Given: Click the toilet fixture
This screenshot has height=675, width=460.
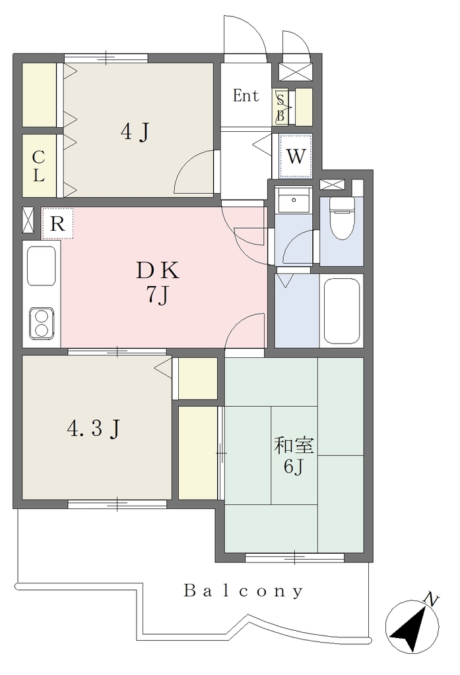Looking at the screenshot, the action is [x=342, y=218].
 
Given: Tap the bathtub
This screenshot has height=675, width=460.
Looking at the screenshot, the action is [x=341, y=311].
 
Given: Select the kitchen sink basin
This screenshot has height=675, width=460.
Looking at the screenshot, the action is [x=42, y=266].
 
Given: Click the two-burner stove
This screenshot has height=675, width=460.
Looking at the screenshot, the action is [x=42, y=323].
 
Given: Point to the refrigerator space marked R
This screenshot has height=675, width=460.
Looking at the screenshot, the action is [x=57, y=223].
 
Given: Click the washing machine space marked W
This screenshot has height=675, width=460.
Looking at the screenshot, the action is [x=296, y=156].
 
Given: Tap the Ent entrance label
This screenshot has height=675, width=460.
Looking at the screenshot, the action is [x=246, y=96].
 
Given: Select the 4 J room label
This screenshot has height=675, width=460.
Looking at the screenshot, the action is [x=135, y=131].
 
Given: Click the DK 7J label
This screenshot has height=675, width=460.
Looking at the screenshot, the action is [x=157, y=283].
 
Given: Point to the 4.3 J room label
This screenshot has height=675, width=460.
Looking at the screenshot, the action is [x=94, y=428].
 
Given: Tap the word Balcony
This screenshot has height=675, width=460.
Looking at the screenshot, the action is [x=244, y=591].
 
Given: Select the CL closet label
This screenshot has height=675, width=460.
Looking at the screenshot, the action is [x=38, y=166].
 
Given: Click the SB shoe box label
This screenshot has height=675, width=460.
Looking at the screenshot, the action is [x=280, y=107].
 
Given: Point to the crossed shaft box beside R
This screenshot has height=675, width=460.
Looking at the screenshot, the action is [x=28, y=220].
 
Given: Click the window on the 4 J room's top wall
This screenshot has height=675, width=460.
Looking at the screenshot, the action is [x=106, y=58].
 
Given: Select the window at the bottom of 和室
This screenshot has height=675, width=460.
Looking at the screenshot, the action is [x=295, y=558].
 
